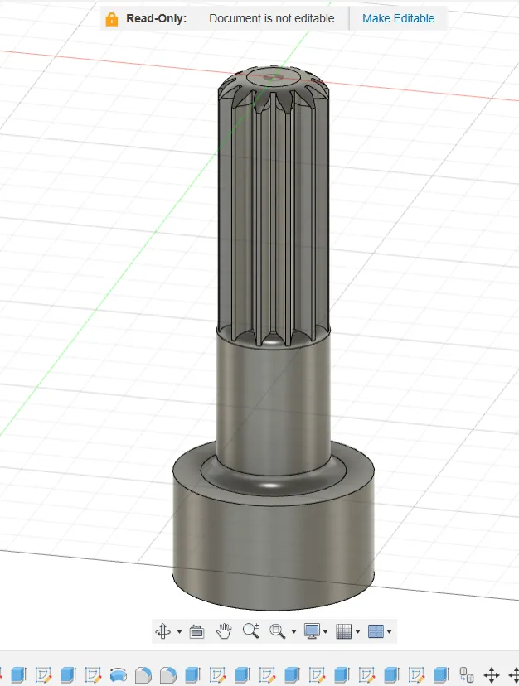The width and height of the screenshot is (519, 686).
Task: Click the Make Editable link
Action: click(398, 18)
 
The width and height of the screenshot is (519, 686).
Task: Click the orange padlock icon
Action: click(112, 19)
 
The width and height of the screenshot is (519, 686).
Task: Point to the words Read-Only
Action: click(157, 18)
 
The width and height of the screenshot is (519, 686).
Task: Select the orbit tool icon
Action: click(163, 631)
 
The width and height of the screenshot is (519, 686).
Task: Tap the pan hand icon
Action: click(224, 630)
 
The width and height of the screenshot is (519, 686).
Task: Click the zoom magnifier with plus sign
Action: click(251, 630)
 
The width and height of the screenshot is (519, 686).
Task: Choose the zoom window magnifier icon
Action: click(277, 630)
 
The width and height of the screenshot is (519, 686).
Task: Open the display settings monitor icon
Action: click(312, 630)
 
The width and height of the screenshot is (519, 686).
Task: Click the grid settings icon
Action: click(343, 630)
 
